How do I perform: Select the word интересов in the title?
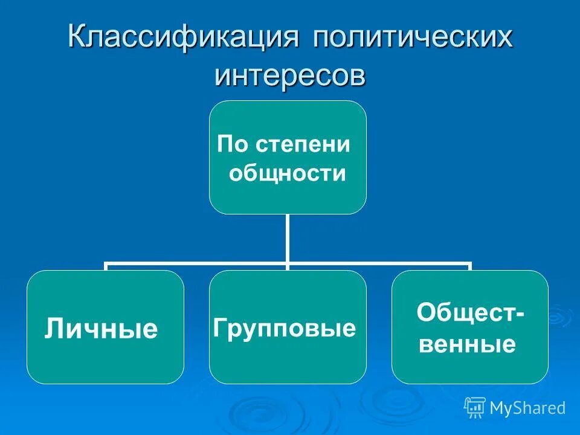(290, 76)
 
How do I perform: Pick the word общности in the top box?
(288, 174)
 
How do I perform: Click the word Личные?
(101, 330)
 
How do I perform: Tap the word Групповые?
(285, 329)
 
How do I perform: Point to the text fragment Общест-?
(470, 314)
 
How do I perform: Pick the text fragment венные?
(467, 345)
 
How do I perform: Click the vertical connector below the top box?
(288, 239)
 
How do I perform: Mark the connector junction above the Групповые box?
(288, 265)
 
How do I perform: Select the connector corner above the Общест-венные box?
(469, 265)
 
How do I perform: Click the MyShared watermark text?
(527, 408)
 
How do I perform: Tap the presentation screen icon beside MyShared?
(475, 408)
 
